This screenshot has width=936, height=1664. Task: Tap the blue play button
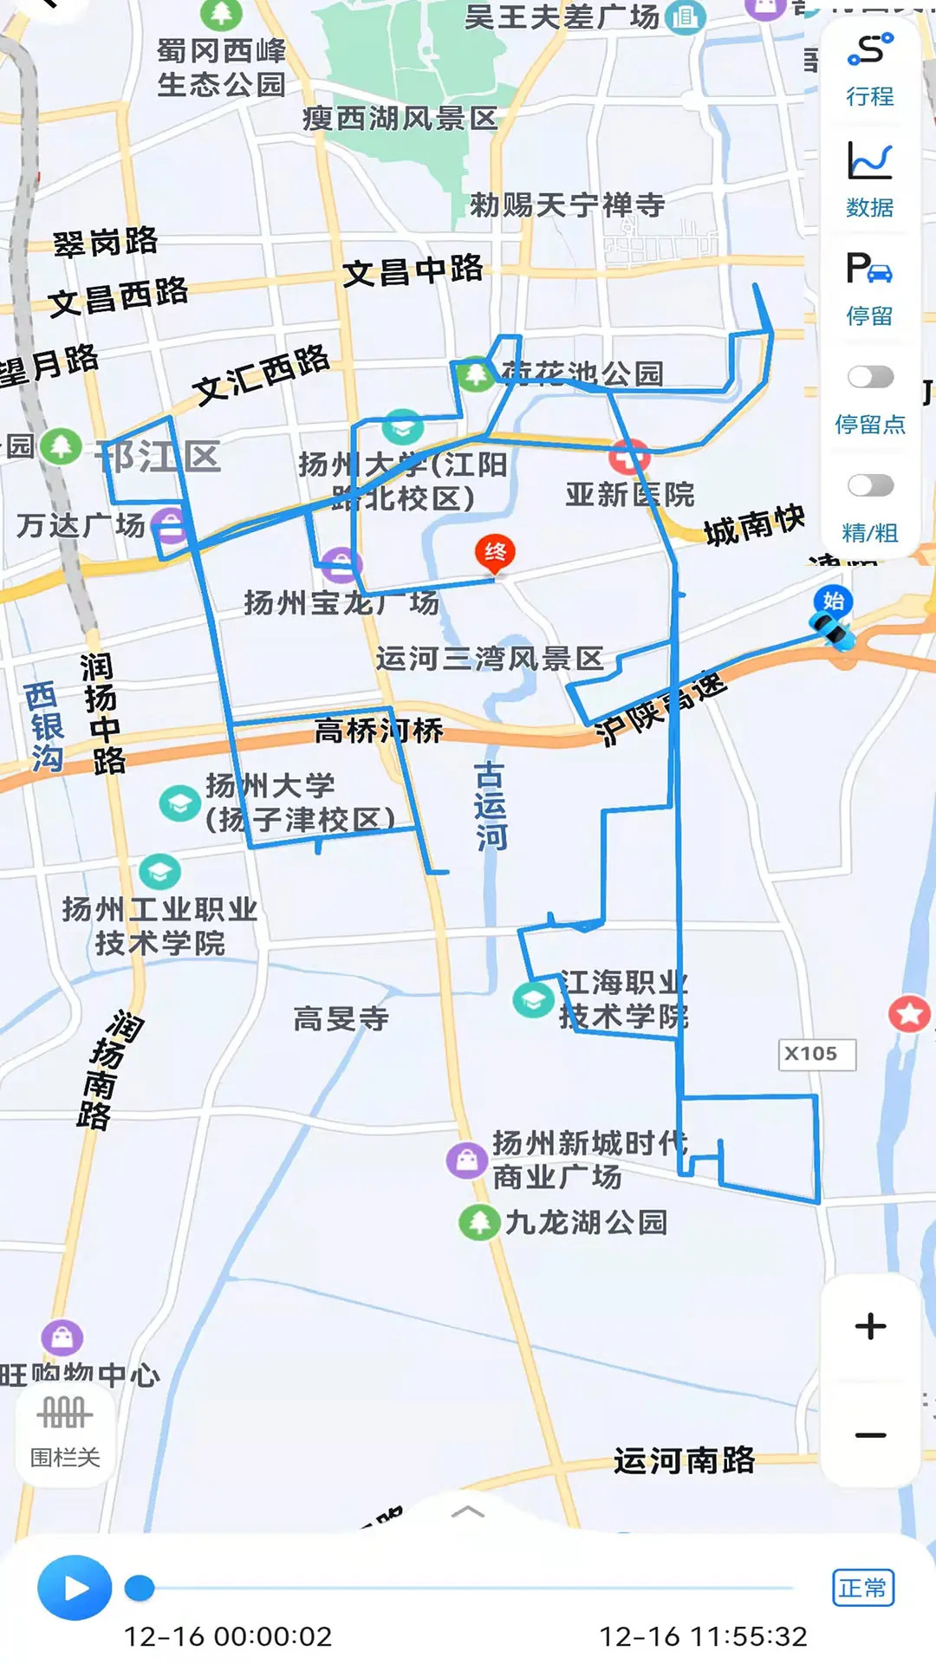coord(75,1588)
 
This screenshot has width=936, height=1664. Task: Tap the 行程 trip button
coord(870,69)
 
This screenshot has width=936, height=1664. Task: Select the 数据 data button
coord(870,179)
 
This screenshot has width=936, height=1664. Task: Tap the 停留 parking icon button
coord(870,289)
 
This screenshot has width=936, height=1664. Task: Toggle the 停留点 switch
coord(870,377)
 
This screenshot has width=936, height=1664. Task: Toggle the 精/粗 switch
coord(870,485)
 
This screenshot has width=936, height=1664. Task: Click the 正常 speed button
coord(862,1588)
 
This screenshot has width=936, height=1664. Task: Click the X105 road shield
coord(816,1054)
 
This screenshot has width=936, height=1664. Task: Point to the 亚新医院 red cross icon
coord(629,457)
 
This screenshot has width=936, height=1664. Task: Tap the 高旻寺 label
coord(341,1018)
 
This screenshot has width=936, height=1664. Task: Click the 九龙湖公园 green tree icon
coord(479,1222)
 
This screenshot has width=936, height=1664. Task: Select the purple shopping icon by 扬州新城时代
coord(467,1160)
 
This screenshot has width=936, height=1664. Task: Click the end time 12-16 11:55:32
coord(703,1636)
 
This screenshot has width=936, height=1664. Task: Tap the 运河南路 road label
coord(684,1460)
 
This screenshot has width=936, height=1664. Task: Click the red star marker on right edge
coord(909,1013)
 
